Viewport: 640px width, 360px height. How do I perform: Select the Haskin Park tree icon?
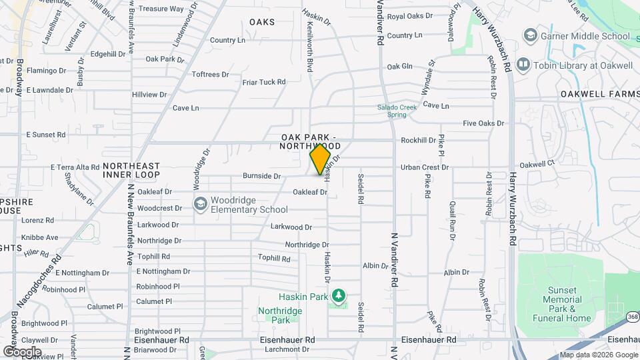[339, 295]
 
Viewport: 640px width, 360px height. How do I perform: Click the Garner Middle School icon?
[531, 35]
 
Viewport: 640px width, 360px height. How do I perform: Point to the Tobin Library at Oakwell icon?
[522, 65]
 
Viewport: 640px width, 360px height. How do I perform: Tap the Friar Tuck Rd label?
[263, 82]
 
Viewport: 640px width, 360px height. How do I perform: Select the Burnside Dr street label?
[261, 176]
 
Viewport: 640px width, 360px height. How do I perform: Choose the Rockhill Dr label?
[418, 140]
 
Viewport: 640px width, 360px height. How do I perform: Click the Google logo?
[22, 351]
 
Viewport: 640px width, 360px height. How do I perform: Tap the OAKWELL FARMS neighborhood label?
[599, 94]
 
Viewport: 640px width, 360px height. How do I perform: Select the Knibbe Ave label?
[39, 237]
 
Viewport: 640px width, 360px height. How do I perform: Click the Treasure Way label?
[161, 9]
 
